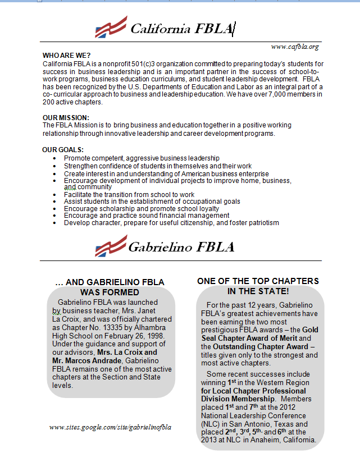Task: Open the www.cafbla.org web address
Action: [295, 47]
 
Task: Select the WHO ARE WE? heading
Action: [66, 56]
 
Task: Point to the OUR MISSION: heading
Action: [66, 117]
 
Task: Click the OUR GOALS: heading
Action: [63, 150]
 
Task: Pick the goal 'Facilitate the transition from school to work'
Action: [129, 194]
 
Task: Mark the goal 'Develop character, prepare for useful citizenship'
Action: [171, 222]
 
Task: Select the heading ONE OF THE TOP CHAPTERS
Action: [258, 281]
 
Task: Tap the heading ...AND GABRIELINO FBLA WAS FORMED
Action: [110, 287]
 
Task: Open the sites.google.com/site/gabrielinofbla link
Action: [110, 427]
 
